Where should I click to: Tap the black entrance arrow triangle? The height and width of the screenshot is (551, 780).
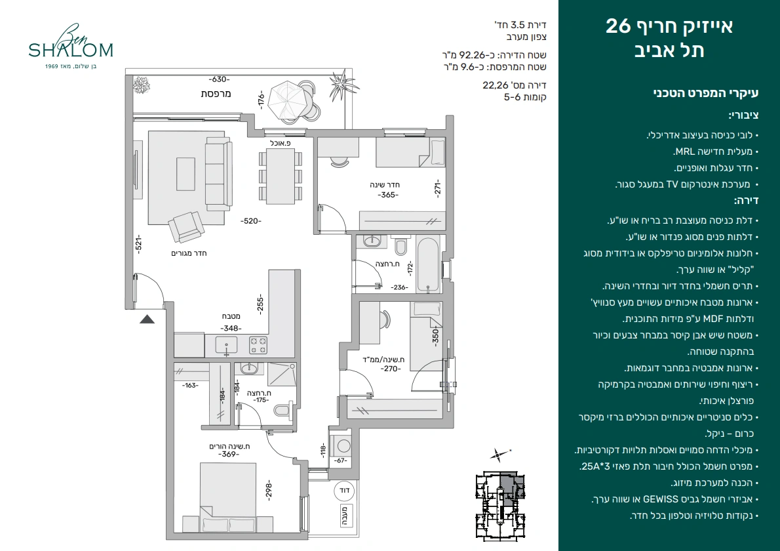147,319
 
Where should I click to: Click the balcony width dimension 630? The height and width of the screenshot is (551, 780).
219,79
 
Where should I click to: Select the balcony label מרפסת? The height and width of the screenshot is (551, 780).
216,94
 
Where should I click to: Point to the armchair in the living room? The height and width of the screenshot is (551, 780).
187,227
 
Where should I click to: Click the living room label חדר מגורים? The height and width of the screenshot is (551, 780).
189,253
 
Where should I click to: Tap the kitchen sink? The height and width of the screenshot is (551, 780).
226,345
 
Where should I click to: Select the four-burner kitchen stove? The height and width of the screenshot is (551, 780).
258,346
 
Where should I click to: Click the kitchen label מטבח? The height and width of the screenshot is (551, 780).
231,316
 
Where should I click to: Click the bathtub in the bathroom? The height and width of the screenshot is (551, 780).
427,264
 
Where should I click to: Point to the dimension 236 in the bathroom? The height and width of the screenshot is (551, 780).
399,287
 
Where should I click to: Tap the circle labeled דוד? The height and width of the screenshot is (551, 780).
344,490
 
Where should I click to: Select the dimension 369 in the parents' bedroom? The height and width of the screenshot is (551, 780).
228,454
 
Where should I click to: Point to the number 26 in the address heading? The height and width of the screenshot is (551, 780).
618,26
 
